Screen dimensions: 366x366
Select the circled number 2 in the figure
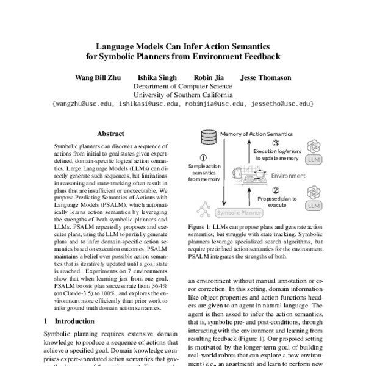276,190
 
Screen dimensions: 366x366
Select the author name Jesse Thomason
266,78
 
